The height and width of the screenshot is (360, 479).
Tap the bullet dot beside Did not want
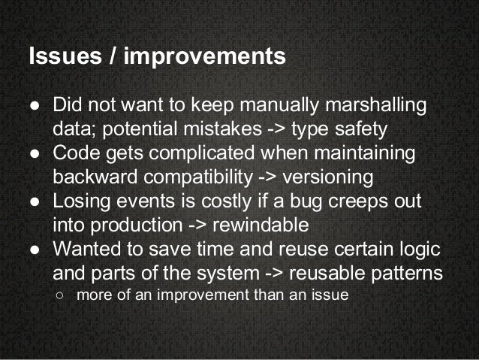tap(35, 104)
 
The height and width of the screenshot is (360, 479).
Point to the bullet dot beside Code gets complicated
tap(35, 155)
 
